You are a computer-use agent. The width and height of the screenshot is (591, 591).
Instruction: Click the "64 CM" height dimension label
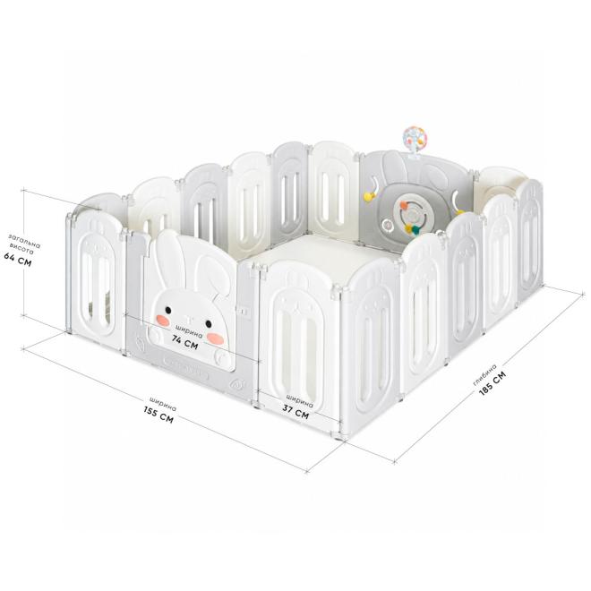pos(18,260)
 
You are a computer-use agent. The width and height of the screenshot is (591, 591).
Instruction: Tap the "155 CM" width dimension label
pos(158,414)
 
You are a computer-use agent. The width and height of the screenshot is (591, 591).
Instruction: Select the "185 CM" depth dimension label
pos(492,383)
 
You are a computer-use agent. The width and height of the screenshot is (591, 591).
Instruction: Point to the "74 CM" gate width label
pos(184,342)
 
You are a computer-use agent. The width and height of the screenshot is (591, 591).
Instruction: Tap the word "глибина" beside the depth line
pos(485,374)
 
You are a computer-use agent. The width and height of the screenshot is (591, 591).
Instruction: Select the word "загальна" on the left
pos(24,240)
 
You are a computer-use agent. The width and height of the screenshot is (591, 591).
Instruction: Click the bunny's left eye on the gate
pos(168,310)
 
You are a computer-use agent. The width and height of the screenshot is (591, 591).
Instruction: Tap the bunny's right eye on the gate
pos(209,323)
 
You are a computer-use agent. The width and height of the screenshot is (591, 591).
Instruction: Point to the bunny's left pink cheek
pos(162,320)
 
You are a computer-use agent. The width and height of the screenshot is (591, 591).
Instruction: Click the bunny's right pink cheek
pos(215,338)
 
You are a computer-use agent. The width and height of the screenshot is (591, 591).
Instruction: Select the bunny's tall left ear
pos(169,260)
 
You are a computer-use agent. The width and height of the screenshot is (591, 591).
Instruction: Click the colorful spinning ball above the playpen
pos(415,138)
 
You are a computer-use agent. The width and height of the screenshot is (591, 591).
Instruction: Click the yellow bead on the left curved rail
pos(367,196)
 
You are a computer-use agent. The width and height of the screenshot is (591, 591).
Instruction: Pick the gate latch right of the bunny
pos(244,312)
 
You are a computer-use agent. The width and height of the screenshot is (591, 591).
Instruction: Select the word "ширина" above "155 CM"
pos(162,404)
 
